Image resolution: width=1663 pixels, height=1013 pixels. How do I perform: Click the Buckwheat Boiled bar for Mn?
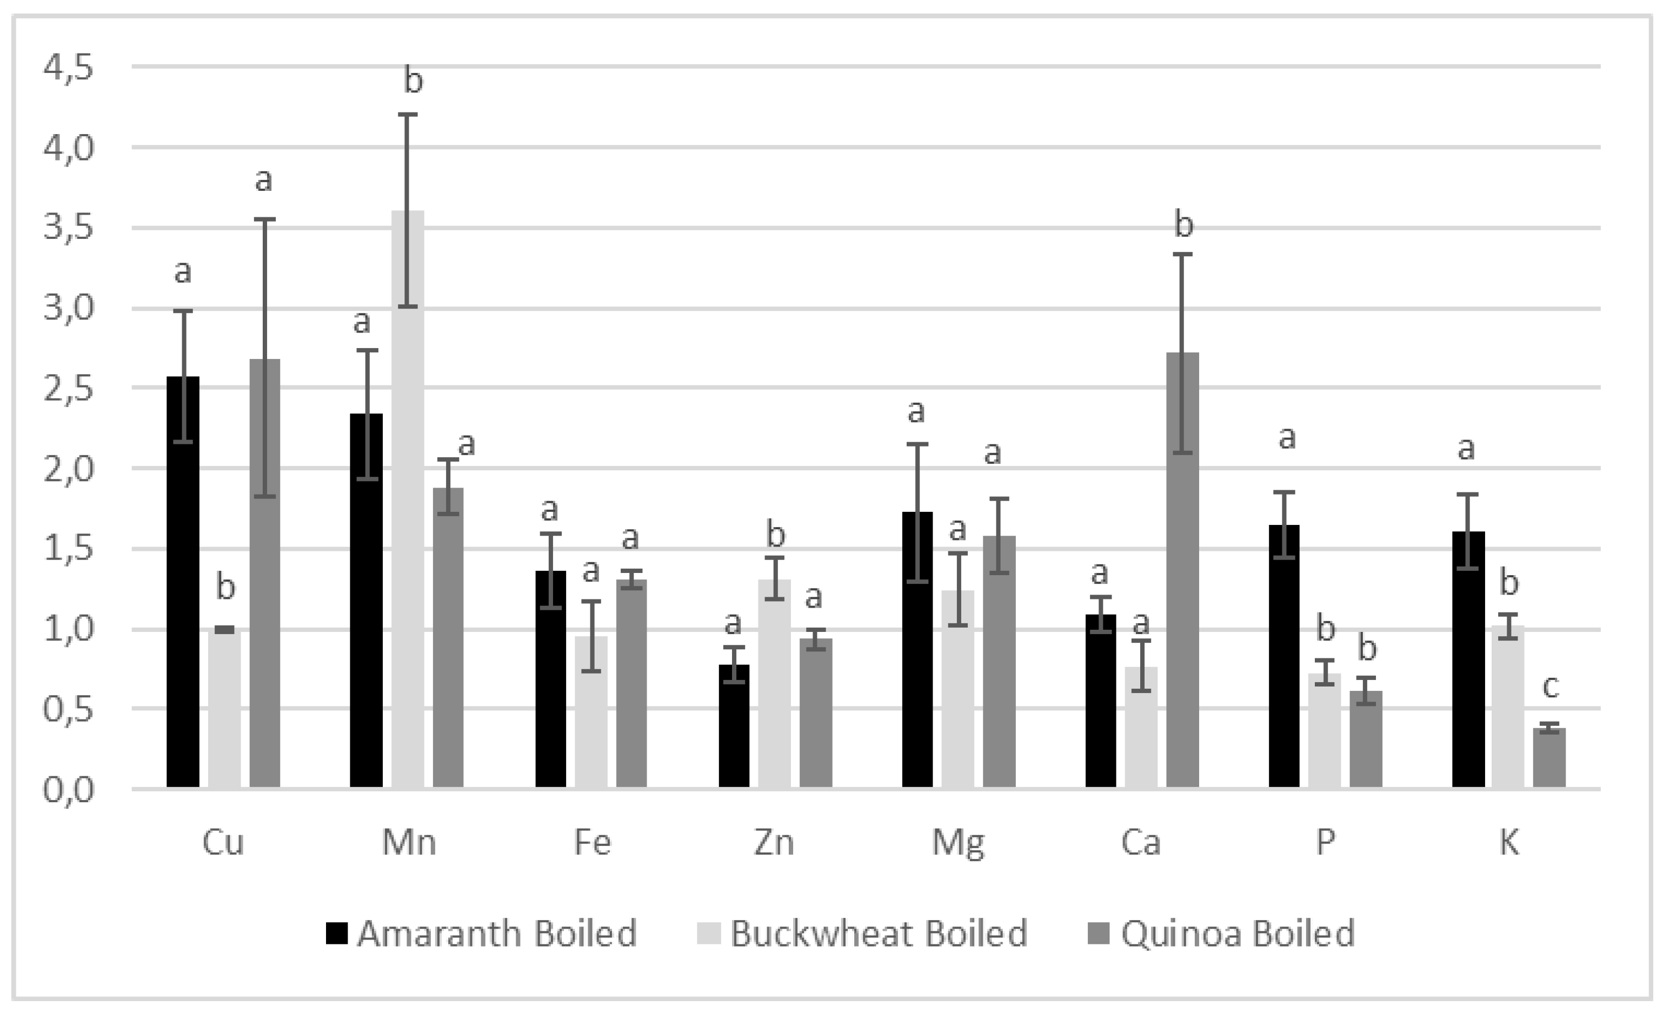pyautogui.click(x=408, y=499)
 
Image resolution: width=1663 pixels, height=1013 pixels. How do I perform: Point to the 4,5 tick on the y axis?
pyautogui.click(x=68, y=68)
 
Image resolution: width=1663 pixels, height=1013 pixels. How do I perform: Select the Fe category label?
pyautogui.click(x=592, y=842)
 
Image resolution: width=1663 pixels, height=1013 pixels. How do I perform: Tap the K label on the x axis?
pyautogui.click(x=1509, y=842)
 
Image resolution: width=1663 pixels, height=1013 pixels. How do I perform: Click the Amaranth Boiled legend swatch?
pyautogui.click(x=337, y=934)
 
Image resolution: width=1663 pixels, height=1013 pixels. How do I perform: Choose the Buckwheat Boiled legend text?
pyautogui.click(x=878, y=934)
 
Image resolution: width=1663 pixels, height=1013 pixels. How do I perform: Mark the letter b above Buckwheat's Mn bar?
pyautogui.click(x=413, y=81)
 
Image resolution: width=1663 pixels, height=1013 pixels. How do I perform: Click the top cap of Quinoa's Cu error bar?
pyautogui.click(x=264, y=219)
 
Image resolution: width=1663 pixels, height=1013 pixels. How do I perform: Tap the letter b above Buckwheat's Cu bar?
pyautogui.click(x=225, y=587)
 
